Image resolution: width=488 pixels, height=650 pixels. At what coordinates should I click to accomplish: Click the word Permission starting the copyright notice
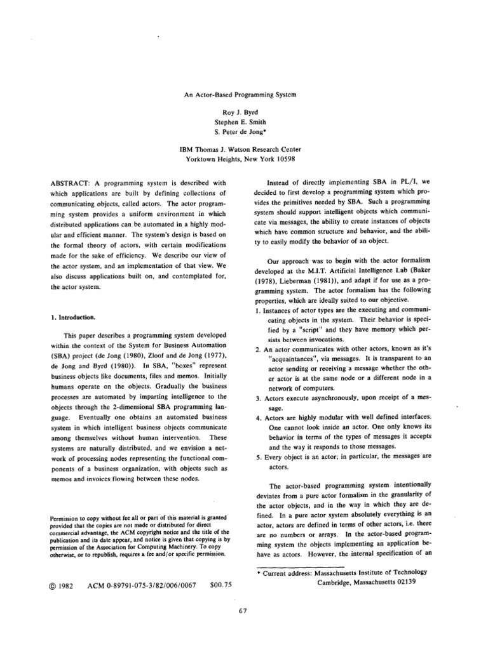(64, 520)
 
